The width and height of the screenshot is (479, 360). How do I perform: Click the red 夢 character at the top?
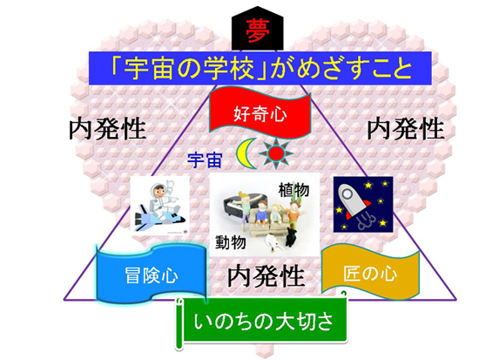[x=258, y=31]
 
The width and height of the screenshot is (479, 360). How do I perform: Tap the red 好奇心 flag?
[x=260, y=112]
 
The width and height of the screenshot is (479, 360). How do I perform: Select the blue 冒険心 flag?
[x=152, y=274]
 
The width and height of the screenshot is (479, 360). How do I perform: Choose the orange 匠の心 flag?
[x=370, y=272]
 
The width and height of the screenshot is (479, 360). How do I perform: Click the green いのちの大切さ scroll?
[x=263, y=321]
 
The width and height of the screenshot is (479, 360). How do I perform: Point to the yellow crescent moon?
[x=246, y=153]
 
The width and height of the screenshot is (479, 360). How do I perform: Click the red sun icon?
[x=276, y=153]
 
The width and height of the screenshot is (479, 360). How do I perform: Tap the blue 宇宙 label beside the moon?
[x=205, y=160]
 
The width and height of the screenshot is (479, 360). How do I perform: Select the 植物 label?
[x=293, y=190]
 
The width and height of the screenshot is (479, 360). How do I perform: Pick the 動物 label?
[x=231, y=242]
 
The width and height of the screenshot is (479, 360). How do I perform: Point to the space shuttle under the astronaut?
[x=159, y=219]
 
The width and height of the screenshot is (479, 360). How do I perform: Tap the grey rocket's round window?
[x=347, y=194]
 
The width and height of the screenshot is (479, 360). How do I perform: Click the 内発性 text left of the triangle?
[x=107, y=129]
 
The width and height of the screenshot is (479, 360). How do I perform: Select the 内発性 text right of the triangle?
[x=405, y=129]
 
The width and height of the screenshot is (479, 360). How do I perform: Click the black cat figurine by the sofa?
[x=291, y=238]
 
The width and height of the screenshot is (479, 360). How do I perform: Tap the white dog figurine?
[x=273, y=243]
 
